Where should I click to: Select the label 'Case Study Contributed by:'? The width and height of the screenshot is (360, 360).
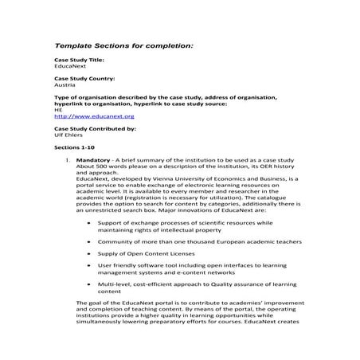pos(95,128)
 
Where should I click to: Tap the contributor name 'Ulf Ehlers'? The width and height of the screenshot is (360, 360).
pos(68,135)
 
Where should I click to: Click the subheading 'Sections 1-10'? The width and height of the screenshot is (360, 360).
pos(76,148)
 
